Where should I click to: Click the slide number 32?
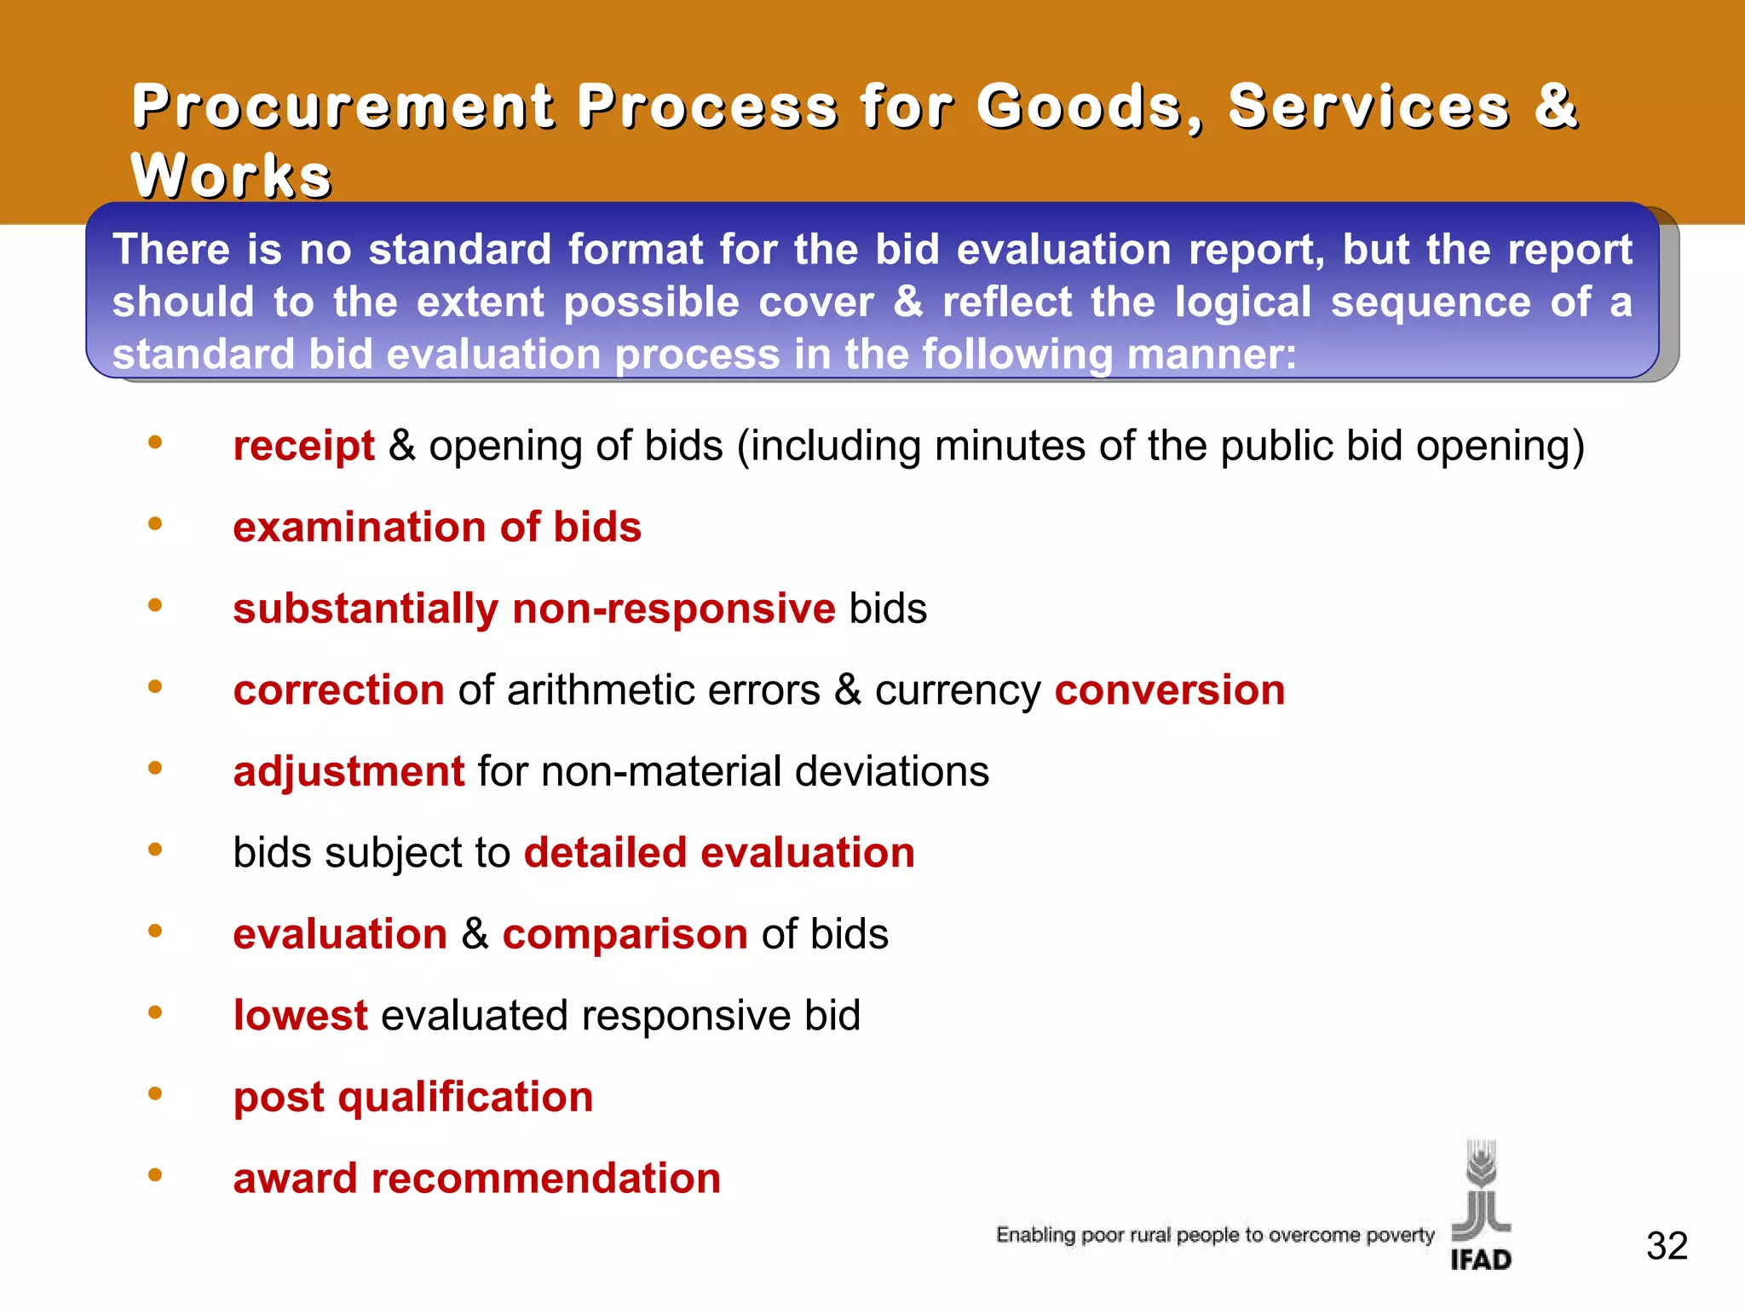point(1667,1246)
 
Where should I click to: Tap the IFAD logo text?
point(1481,1260)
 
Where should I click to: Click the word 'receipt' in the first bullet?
point(303,446)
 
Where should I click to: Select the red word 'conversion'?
point(1169,689)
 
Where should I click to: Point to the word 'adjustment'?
point(348,771)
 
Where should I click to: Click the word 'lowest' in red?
point(300,1015)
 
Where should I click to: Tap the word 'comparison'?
point(625,934)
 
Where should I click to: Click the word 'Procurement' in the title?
point(343,107)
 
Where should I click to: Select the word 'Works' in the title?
point(231,176)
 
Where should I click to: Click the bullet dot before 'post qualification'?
point(155,1093)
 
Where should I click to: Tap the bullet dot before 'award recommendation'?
point(155,1175)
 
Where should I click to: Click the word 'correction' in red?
point(338,689)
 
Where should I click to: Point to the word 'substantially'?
point(366,608)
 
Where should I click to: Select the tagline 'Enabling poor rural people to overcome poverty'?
point(1215,1235)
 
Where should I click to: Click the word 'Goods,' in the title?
point(1090,107)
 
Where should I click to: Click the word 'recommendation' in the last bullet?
point(545,1178)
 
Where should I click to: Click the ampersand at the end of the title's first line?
point(1556,107)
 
